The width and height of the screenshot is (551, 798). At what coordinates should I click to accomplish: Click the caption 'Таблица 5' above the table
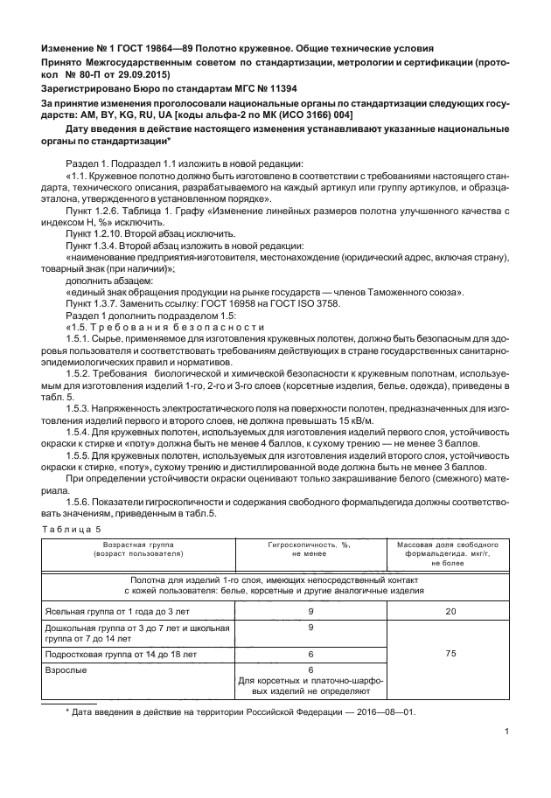73,529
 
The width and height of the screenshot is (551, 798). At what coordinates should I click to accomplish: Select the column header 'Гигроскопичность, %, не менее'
309,549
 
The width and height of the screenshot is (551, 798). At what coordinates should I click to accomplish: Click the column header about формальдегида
450,553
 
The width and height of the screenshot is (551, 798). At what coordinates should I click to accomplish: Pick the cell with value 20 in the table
450,611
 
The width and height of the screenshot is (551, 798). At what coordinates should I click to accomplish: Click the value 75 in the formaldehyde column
450,652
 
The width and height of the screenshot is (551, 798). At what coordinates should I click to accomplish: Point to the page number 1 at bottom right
506,733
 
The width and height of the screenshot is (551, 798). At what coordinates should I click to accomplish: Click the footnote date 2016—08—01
384,711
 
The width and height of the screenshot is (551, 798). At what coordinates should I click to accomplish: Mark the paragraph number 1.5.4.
79,432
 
